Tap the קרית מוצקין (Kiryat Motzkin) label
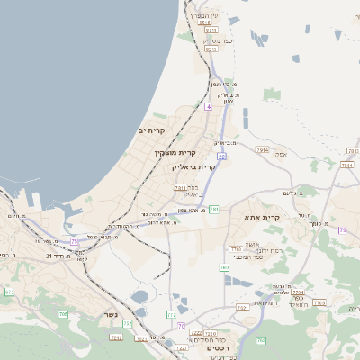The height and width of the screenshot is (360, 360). [x=174, y=153]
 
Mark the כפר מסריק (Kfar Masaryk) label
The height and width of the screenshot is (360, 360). [x=211, y=40]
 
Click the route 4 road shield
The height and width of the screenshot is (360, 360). [x=208, y=106]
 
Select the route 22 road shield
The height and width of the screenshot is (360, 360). [x=221, y=157]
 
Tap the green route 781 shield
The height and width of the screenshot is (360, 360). [x=214, y=210]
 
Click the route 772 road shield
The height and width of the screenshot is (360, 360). [x=127, y=322]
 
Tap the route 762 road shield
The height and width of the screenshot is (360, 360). [x=223, y=267]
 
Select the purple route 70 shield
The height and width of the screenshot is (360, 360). [x=181, y=325]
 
